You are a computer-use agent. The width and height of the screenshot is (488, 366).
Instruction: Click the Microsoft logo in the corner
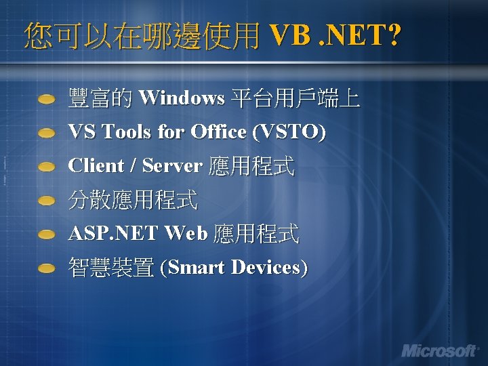(x=439, y=350)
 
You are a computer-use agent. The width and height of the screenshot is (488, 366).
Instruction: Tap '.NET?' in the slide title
(x=359, y=35)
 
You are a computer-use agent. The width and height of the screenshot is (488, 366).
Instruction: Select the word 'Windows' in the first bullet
(x=181, y=98)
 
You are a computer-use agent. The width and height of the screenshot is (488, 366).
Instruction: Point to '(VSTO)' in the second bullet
(x=289, y=131)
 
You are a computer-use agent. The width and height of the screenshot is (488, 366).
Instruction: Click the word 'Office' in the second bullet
(x=219, y=131)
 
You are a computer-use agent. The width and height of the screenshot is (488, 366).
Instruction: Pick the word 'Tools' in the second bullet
(x=127, y=131)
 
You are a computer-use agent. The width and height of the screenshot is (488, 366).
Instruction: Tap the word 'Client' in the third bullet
(x=96, y=165)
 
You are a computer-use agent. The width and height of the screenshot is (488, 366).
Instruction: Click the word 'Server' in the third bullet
(x=172, y=165)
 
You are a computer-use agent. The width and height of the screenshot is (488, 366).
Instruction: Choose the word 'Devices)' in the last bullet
(x=269, y=268)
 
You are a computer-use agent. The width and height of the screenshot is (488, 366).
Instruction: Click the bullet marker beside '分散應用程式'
(x=46, y=201)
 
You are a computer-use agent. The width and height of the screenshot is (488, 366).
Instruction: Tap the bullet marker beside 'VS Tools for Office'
(x=46, y=133)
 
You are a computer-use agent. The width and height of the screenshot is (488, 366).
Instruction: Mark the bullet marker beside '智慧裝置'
(x=46, y=268)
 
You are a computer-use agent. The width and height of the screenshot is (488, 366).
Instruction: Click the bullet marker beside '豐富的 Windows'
(x=46, y=100)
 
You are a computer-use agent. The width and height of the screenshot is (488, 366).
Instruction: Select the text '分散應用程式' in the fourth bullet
(x=133, y=200)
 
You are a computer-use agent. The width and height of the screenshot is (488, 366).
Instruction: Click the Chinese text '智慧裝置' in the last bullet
(x=111, y=268)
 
